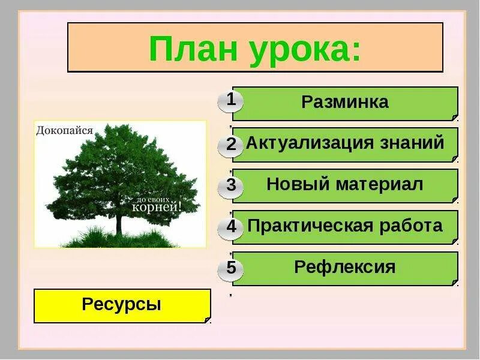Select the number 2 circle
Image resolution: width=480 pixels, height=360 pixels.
[231, 145]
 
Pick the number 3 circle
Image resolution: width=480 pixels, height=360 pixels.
[231, 187]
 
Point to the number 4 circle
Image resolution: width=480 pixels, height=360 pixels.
[231, 227]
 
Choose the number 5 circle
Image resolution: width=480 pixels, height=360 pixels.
[231, 268]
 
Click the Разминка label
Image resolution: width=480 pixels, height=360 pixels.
[345, 102]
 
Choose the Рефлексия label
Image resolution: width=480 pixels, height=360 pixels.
[345, 266]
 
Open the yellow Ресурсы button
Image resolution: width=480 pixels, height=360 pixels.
[122, 305]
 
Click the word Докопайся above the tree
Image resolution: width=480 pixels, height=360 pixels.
[65, 130]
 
